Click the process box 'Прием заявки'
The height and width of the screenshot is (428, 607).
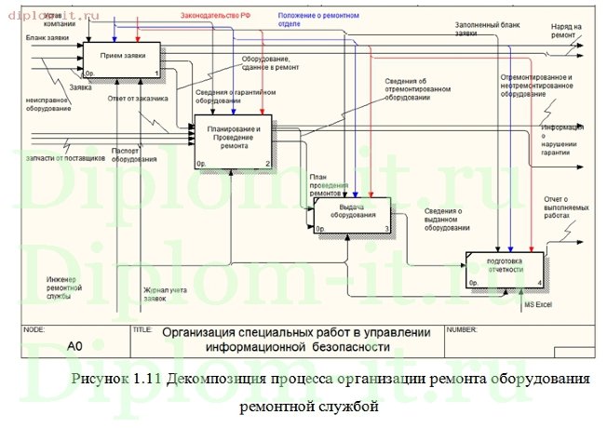pos(122,60)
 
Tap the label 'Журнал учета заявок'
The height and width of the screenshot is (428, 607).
pos(166,295)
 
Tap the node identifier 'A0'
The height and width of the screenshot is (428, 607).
pos(75,345)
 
